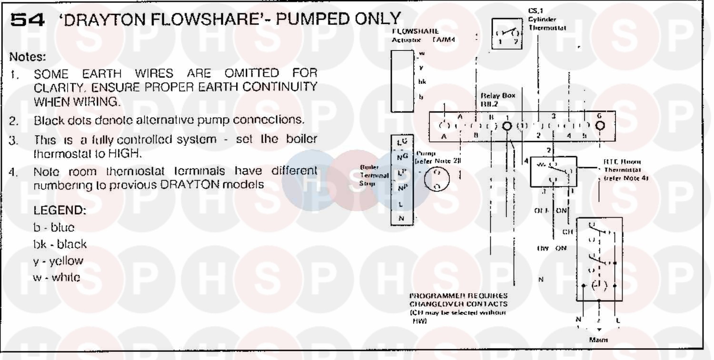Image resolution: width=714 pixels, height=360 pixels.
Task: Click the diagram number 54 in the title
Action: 28,20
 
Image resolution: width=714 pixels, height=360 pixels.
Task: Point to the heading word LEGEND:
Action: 60,210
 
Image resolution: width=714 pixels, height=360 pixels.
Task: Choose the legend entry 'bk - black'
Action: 60,244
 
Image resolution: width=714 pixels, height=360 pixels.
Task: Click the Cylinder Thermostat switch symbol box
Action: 506,35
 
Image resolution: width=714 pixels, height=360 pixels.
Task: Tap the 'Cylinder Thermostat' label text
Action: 547,24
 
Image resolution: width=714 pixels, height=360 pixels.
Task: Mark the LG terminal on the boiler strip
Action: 402,142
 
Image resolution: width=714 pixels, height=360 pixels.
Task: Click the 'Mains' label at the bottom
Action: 598,340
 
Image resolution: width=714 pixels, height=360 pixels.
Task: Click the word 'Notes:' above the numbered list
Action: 28,58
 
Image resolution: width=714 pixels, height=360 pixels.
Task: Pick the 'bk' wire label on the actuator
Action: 422,81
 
